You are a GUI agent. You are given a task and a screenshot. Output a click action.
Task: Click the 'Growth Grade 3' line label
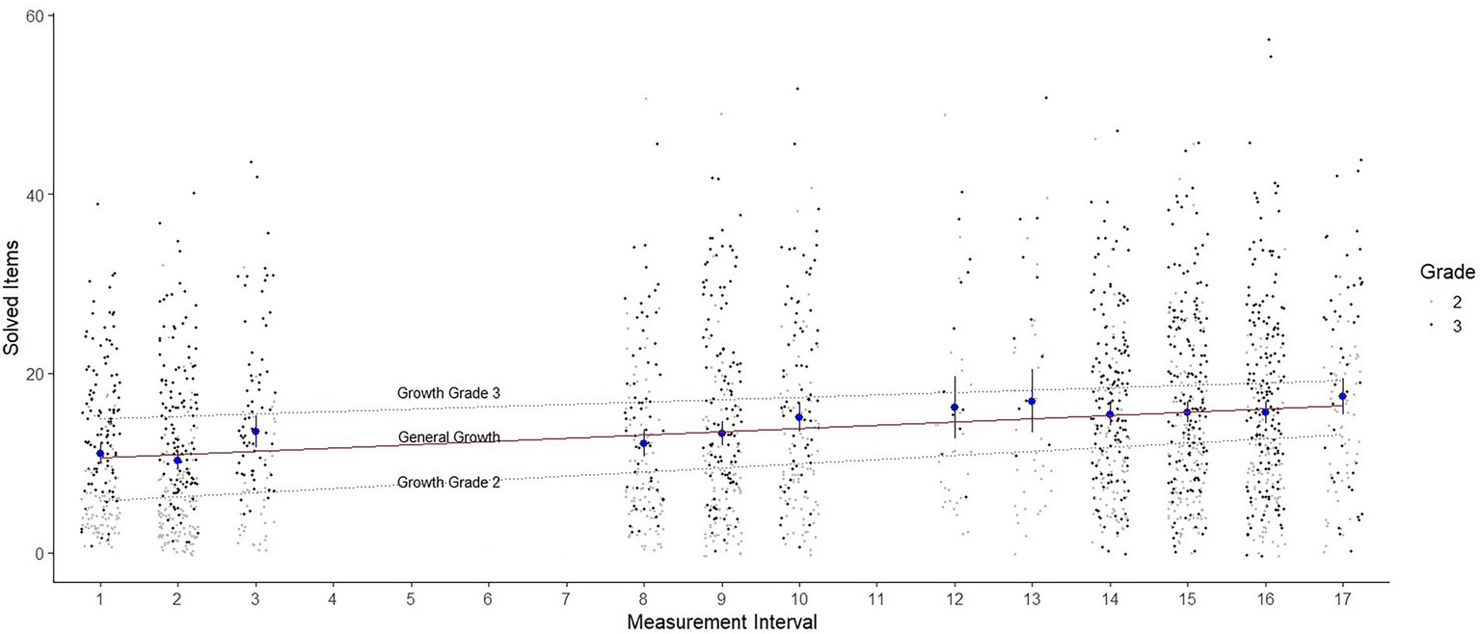coord(447,393)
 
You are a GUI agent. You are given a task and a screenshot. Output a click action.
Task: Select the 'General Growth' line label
coord(449,437)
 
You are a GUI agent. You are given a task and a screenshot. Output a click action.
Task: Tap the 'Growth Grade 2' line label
coord(447,483)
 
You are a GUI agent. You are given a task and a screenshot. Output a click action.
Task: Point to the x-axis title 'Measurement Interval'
coord(721,621)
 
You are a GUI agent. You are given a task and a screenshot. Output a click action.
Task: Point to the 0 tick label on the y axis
coord(38,553)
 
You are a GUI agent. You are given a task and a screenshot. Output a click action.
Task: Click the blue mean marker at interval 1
coord(100,454)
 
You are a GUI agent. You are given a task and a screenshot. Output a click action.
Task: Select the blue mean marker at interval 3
coord(256,432)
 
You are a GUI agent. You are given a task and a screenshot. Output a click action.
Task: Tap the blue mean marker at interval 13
coord(1032,402)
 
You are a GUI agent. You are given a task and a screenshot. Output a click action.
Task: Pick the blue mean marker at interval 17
coord(1343,396)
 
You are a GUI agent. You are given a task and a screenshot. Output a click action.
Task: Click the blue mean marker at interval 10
coord(799,417)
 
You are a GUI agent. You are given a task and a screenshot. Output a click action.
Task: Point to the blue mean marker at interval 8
coord(644,443)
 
